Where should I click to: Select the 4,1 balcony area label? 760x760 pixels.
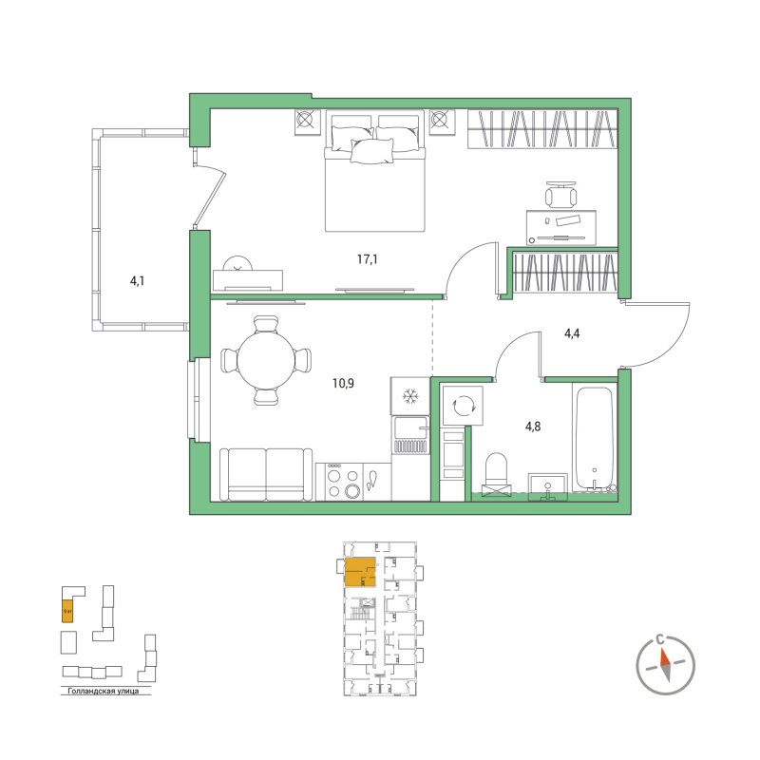point(139,280)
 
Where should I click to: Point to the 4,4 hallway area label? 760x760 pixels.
point(573,333)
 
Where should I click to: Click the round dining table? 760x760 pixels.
point(266,360)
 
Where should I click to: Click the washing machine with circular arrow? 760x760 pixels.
point(465,406)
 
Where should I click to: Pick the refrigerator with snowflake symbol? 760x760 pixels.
point(411,395)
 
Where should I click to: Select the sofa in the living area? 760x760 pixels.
point(266,474)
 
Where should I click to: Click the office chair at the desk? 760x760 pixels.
point(560,195)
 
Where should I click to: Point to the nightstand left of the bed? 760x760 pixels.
point(306,122)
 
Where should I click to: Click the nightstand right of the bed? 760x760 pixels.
point(441,122)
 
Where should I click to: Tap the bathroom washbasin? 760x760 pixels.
point(545,485)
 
